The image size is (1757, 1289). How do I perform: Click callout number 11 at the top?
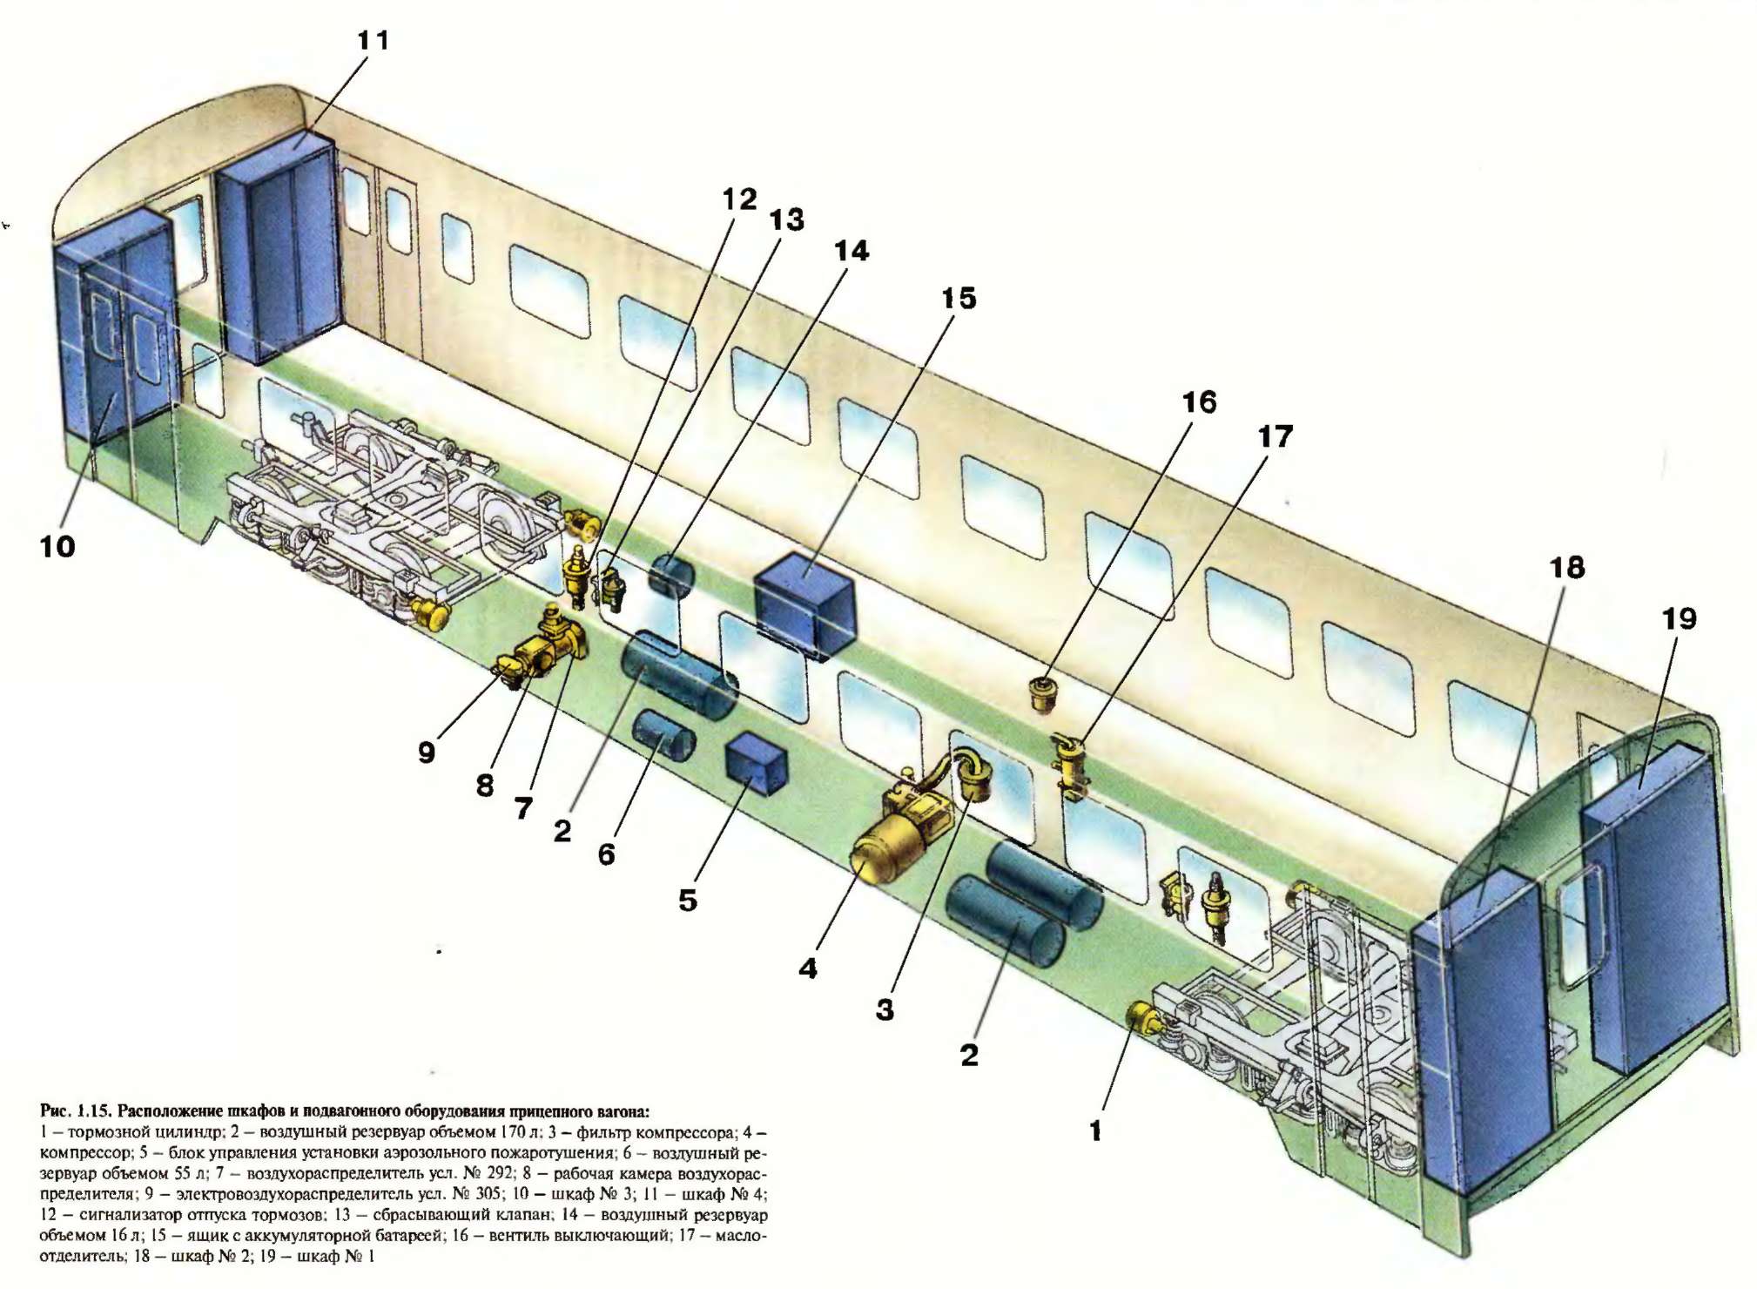click(373, 40)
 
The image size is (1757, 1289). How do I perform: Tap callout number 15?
click(959, 299)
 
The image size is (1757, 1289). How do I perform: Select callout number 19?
click(1679, 618)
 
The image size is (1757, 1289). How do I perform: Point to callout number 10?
click(57, 547)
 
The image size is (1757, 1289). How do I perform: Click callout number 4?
click(808, 968)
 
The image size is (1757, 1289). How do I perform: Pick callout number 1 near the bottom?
click(1095, 1130)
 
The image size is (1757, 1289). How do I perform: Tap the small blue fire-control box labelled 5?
click(756, 765)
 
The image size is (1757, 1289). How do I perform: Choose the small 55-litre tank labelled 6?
click(663, 735)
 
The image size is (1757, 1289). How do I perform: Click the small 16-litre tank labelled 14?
click(670, 575)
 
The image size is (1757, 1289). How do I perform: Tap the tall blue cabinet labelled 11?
click(277, 248)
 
